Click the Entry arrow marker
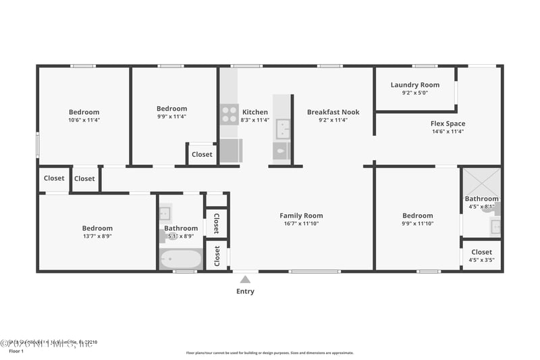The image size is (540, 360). pos(245,279)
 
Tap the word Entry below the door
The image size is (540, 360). pos(245,292)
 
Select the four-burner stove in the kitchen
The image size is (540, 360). pos(230,114)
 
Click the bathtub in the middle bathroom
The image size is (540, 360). pos(180,259)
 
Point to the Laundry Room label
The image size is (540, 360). pos(414,85)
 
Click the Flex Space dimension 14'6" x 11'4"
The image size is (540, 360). pos(448,131)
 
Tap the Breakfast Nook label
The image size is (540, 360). pos(333,112)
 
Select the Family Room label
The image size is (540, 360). pos(301,216)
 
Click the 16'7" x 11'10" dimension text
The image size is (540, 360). pos(301,224)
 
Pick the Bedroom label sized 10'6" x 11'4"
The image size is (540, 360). pos(84,112)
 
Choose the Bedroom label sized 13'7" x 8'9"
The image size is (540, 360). pos(97,228)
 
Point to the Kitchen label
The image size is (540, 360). pos(255,112)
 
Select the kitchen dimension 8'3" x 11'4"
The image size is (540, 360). pos(255,120)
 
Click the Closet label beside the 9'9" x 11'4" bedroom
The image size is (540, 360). pos(202,155)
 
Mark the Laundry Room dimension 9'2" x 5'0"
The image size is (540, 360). pos(414,93)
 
